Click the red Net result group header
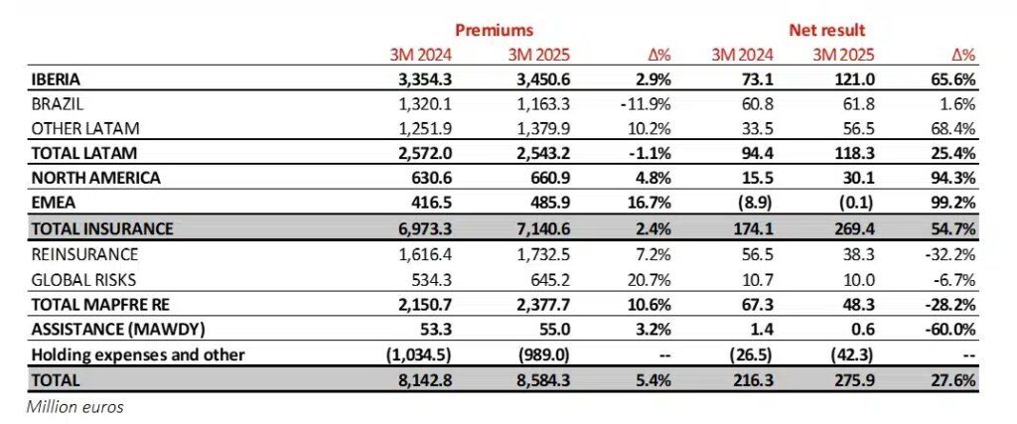pyautogui.click(x=824, y=31)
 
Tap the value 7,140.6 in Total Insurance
pyautogui.click(x=539, y=228)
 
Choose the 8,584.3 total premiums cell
pyautogui.click(x=539, y=379)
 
